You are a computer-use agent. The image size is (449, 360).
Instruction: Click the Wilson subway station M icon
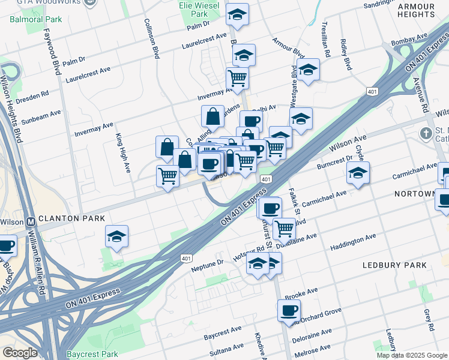click(32, 221)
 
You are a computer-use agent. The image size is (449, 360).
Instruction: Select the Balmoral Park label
click(35, 19)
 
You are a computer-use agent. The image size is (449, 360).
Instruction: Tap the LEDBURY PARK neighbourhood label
click(394, 265)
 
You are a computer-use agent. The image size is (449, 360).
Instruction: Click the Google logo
click(20, 353)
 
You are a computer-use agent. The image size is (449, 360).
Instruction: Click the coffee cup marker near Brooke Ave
click(289, 311)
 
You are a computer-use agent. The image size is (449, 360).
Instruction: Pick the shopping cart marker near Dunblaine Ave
click(284, 228)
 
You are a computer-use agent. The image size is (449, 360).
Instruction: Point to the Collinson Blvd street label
click(152, 38)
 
